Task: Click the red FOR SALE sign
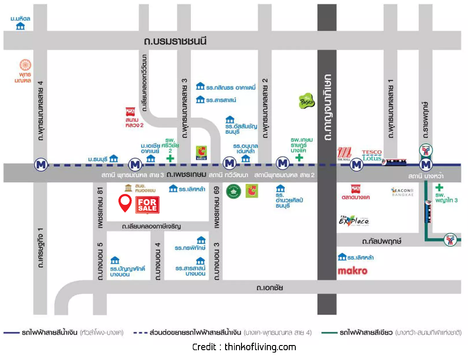tap(147, 204)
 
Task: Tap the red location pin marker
tap(125, 203)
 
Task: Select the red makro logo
tap(352, 271)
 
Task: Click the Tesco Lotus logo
tap(372, 155)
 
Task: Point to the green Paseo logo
tap(307, 101)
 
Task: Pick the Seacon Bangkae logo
tap(402, 191)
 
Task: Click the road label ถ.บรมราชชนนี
tap(175, 41)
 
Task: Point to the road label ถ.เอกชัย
tap(270, 288)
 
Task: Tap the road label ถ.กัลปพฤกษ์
tap(382, 241)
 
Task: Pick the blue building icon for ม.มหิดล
tap(20, 26)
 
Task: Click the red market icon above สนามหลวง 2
tap(131, 112)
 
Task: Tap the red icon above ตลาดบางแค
tap(356, 189)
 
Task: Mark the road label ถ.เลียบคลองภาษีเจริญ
tap(151, 226)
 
